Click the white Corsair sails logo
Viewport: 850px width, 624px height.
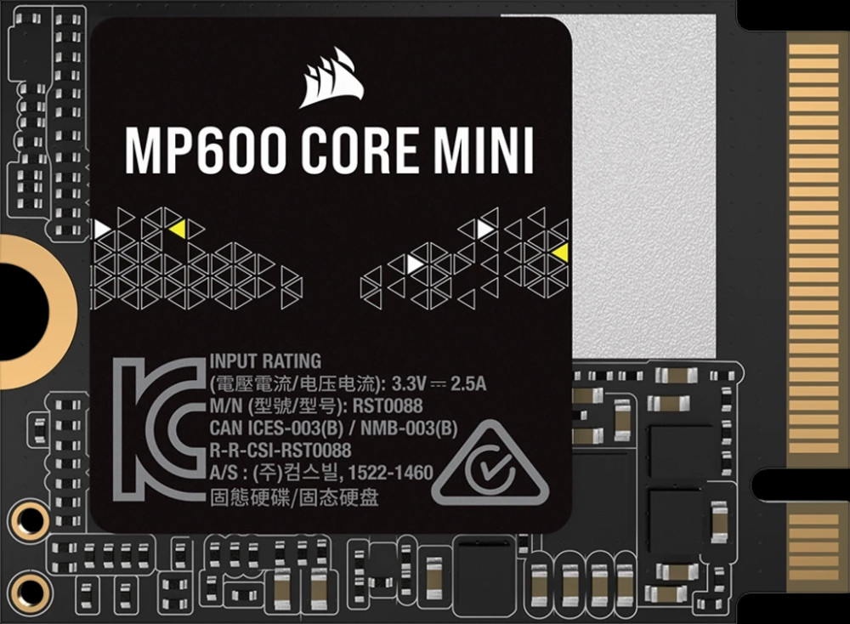coord(331,78)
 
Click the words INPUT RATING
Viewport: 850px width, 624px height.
coord(265,361)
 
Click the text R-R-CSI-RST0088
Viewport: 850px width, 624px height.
coord(280,451)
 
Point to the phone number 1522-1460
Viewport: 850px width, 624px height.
coord(392,473)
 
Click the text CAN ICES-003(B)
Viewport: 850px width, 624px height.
coord(273,428)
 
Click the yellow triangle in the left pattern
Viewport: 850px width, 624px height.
coord(177,228)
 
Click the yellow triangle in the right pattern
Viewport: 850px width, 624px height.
coord(559,252)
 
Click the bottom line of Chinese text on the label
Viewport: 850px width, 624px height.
coord(293,496)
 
